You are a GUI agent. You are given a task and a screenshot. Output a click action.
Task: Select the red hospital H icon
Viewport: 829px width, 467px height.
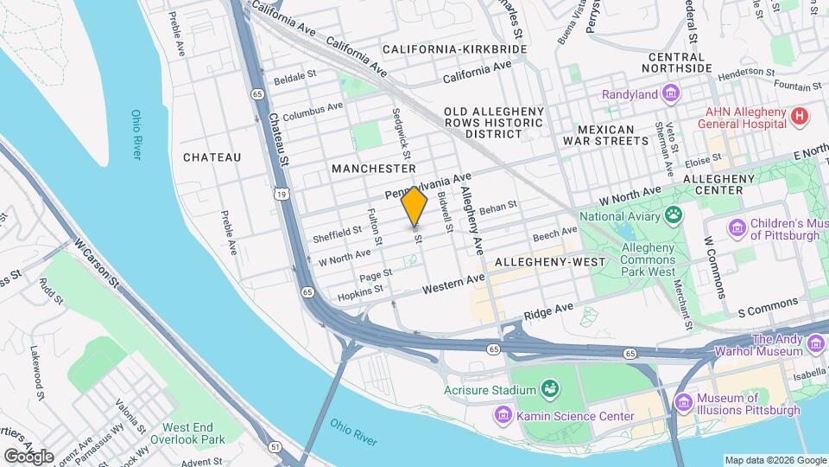click(800, 116)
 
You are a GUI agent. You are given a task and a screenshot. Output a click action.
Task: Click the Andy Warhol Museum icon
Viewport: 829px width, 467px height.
click(815, 346)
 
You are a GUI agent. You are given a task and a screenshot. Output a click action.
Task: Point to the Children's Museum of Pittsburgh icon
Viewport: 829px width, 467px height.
click(737, 227)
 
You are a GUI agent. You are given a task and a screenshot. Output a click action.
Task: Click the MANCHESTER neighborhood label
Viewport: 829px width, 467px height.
click(373, 169)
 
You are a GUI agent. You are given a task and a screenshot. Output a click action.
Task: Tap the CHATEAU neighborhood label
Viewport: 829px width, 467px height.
click(212, 157)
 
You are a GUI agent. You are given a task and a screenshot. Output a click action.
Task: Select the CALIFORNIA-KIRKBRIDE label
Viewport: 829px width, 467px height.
click(455, 50)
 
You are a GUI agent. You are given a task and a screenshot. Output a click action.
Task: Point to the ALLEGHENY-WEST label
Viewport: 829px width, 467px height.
click(541, 261)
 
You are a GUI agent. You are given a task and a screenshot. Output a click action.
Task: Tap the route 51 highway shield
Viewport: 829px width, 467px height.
click(275, 446)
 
